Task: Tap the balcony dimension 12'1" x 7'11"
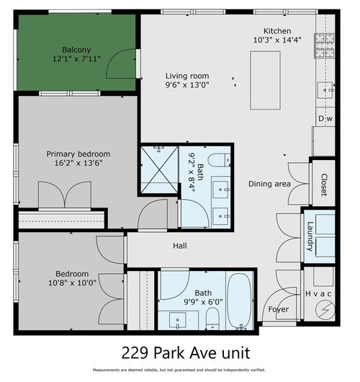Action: (x=76, y=60)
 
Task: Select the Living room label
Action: (x=186, y=76)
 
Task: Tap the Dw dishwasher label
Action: (x=324, y=118)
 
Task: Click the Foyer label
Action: (x=279, y=309)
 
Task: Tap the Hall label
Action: (x=180, y=246)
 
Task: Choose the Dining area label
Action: (x=269, y=184)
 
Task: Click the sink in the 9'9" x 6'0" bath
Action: (x=178, y=317)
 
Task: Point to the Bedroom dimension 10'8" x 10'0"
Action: (x=72, y=283)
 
